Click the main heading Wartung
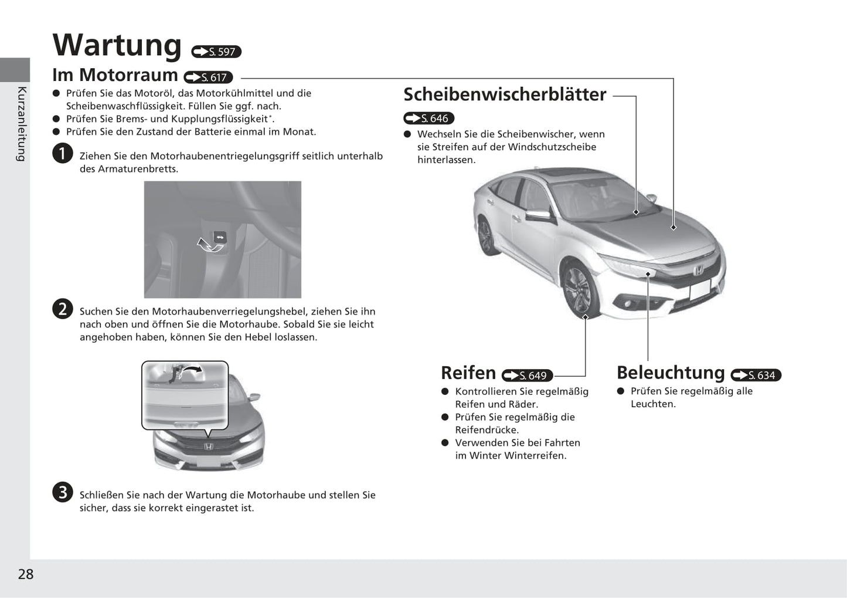click(x=117, y=45)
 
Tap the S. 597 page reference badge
click(x=216, y=52)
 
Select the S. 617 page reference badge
click(x=208, y=77)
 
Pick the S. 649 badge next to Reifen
click(x=527, y=376)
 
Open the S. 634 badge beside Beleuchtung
click(x=756, y=375)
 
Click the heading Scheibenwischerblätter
click(x=505, y=94)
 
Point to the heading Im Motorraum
click(x=115, y=75)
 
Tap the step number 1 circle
click(x=62, y=153)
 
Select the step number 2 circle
click(x=62, y=309)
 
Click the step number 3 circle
click(x=62, y=492)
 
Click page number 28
click(x=26, y=574)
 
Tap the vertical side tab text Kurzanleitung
click(x=22, y=123)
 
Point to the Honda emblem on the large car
click(x=698, y=271)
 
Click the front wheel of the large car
click(x=580, y=289)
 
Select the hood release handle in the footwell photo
click(x=219, y=238)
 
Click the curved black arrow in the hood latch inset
click(x=191, y=370)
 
